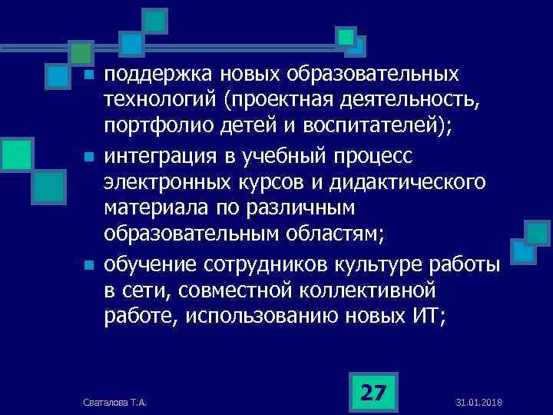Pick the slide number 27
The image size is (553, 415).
coord(373,393)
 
